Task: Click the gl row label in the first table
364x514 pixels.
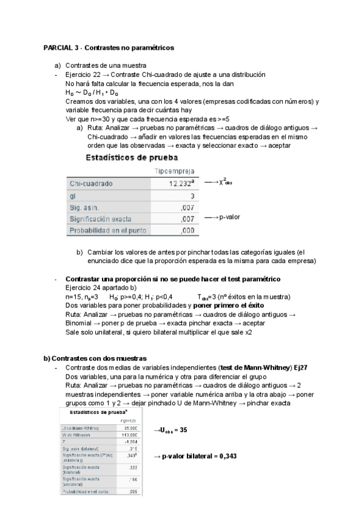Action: coord(72,196)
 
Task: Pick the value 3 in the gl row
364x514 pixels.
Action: coord(192,196)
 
